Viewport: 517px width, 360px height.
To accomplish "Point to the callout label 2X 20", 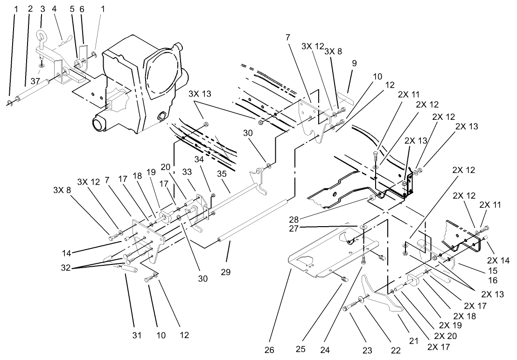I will click(x=446, y=335).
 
